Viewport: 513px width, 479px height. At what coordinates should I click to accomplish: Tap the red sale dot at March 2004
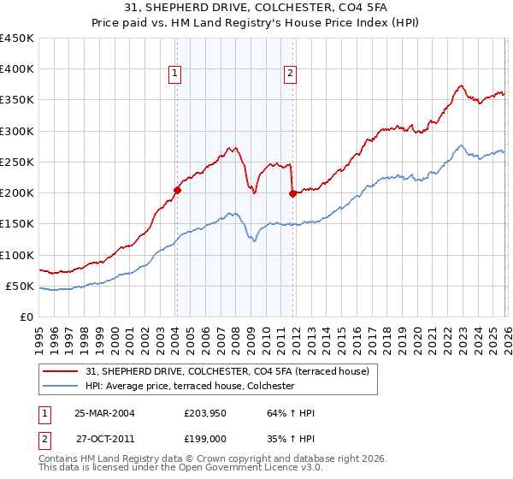(177, 190)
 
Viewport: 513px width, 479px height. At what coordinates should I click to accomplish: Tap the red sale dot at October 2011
(292, 193)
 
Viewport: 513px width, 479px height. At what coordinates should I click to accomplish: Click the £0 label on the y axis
(26, 316)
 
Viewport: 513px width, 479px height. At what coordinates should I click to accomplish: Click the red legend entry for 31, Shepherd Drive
(227, 371)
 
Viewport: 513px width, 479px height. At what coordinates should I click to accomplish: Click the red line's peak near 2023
(461, 86)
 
